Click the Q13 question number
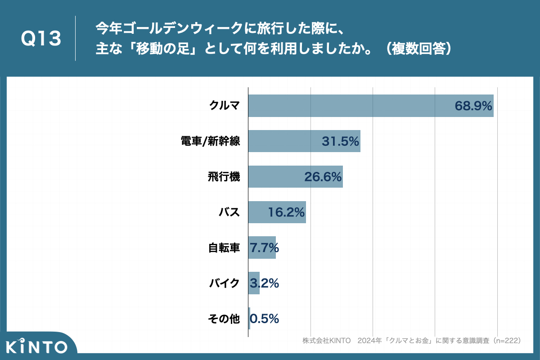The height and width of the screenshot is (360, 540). coord(41,39)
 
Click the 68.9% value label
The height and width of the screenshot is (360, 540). coord(473,106)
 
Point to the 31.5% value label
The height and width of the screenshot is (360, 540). coord(340,141)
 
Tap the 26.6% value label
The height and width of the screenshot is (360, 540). coord(323,177)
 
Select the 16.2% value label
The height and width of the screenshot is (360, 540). coord(286,212)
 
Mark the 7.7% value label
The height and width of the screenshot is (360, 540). coord(264,247)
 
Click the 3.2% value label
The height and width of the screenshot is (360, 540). coord(264,283)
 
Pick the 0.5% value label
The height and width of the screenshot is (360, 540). coord(264,319)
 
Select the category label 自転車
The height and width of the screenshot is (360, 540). coord(224,247)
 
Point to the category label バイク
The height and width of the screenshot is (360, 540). coord(224,283)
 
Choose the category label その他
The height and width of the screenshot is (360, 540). coord(224,319)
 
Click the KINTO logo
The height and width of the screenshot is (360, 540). coord(37,347)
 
